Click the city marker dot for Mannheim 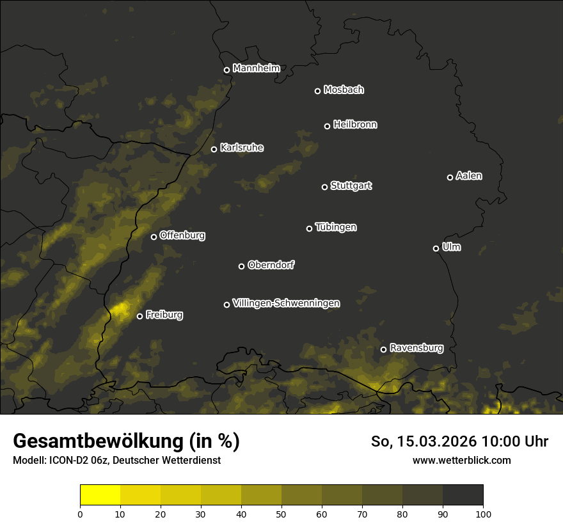pyautogui.click(x=226, y=70)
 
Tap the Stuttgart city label pyautogui.click(x=351, y=186)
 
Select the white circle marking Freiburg pyautogui.click(x=140, y=316)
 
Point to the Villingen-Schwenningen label pyautogui.click(x=286, y=303)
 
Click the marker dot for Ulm pyautogui.click(x=436, y=248)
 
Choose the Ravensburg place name pyautogui.click(x=416, y=348)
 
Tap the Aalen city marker pyautogui.click(x=450, y=177)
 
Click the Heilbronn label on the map pyautogui.click(x=355, y=125)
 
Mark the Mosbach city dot pyautogui.click(x=317, y=91)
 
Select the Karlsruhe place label pyautogui.click(x=241, y=148)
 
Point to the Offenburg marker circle pyautogui.click(x=154, y=237)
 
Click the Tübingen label pyautogui.click(x=336, y=227)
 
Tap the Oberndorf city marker pyautogui.click(x=242, y=266)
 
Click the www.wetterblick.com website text pyautogui.click(x=461, y=460)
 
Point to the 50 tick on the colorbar pyautogui.click(x=281, y=513)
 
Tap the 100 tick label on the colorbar pyautogui.click(x=483, y=513)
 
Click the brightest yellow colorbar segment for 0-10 pyautogui.click(x=100, y=495)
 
